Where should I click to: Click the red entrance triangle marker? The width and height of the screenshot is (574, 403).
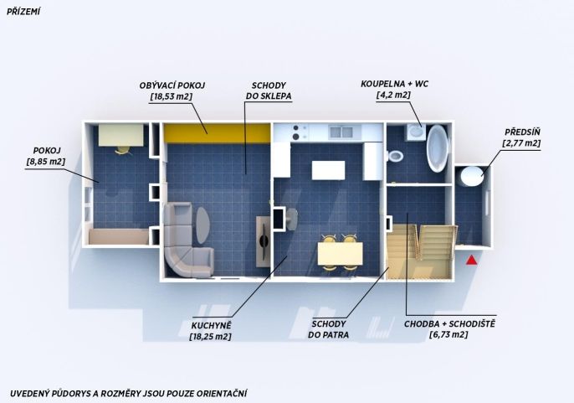point(472,260)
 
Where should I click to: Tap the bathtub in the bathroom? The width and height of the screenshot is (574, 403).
point(438,148)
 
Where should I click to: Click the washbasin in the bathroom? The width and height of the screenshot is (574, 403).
point(416,132)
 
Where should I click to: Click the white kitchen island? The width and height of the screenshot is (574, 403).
point(328,170)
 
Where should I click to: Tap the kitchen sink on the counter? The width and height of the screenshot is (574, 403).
point(341,132)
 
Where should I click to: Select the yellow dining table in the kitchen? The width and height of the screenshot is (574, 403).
point(340,253)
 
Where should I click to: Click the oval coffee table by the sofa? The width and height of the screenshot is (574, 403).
point(202,225)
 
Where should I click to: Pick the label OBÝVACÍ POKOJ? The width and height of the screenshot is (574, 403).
point(172,85)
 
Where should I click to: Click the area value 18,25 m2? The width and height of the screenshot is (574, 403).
point(211,336)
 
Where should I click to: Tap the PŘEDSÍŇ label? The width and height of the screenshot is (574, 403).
point(522,132)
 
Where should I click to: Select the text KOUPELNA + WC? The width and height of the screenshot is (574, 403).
point(395,84)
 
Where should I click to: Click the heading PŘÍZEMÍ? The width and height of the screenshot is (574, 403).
point(23,12)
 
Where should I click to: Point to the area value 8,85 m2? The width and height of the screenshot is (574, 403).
point(46,162)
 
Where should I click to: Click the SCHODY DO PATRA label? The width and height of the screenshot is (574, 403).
point(328,329)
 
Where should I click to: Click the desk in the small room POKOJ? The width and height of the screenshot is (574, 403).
point(120,135)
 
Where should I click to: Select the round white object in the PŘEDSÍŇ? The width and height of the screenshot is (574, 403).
point(472,177)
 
